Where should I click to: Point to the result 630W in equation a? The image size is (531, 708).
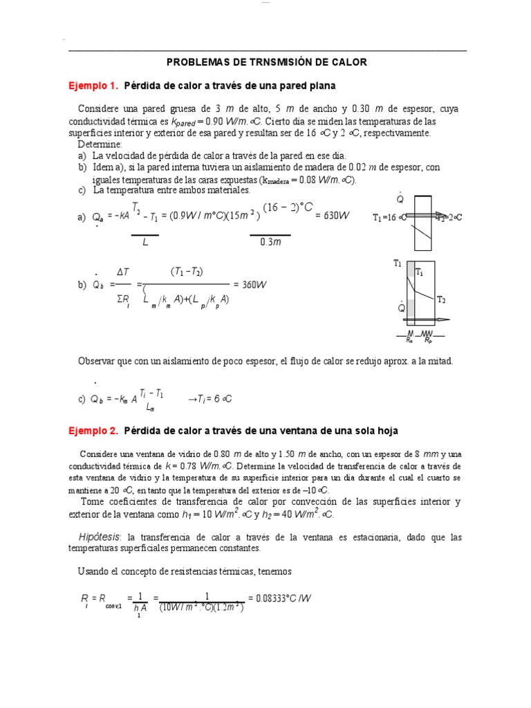pyautogui.click(x=333, y=216)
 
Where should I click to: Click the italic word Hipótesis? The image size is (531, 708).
pyautogui.click(x=99, y=537)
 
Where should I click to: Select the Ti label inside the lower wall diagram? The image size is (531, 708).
pyautogui.click(x=419, y=273)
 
